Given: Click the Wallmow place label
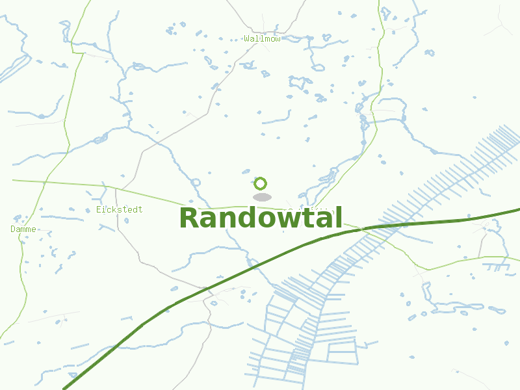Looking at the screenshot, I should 263,39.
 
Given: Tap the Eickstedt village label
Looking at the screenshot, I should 119,210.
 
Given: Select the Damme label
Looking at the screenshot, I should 23,229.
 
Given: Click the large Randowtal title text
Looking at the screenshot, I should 260,218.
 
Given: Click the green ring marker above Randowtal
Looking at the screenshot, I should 261,183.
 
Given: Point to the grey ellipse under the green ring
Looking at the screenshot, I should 262,197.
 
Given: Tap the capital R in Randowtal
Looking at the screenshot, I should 190,218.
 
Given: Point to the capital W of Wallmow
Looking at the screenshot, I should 248,39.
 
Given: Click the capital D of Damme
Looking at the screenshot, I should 13,229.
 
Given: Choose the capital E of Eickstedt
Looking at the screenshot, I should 98,210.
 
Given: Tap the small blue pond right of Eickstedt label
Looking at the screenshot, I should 126,220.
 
